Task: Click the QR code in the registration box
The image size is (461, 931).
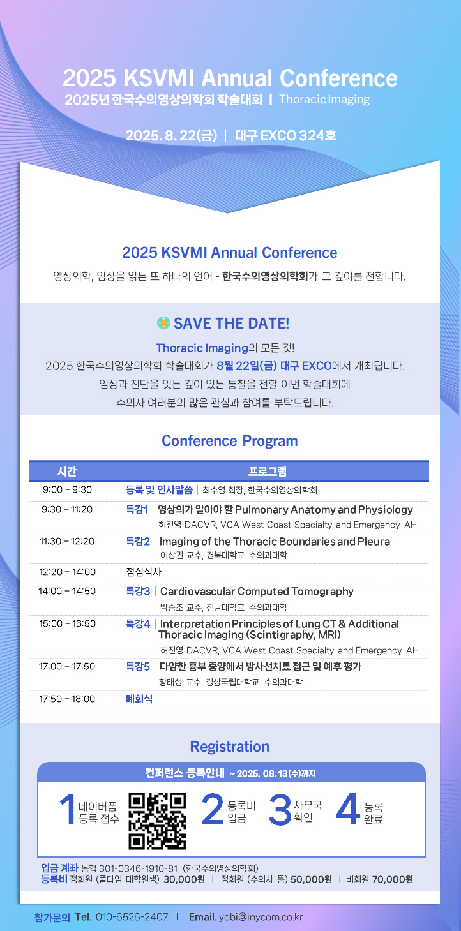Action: click(x=157, y=821)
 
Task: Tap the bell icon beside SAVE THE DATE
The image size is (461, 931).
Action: click(x=163, y=323)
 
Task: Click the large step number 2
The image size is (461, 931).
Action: click(x=213, y=809)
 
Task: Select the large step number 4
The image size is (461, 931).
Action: click(x=348, y=809)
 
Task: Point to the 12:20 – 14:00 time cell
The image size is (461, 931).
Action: click(x=67, y=572)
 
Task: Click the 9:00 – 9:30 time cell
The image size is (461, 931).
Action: click(x=67, y=489)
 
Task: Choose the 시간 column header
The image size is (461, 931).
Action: click(x=67, y=472)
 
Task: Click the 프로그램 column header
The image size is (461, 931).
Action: click(x=267, y=472)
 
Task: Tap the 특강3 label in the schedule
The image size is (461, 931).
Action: click(x=138, y=591)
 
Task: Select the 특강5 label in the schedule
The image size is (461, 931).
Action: click(x=138, y=666)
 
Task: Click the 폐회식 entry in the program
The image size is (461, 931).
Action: click(x=139, y=699)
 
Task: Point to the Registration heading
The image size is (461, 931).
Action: click(x=230, y=747)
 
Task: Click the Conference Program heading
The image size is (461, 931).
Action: click(x=230, y=441)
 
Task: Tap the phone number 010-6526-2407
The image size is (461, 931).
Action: click(x=132, y=917)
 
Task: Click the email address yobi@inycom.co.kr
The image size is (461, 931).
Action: click(x=261, y=918)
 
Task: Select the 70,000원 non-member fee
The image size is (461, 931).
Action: click(x=392, y=879)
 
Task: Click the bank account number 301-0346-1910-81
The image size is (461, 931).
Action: click(x=138, y=868)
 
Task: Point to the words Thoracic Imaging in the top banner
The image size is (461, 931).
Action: click(x=324, y=100)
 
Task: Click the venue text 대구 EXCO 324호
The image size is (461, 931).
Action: click(x=285, y=135)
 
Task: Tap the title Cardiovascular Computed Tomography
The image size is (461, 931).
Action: click(x=257, y=591)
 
